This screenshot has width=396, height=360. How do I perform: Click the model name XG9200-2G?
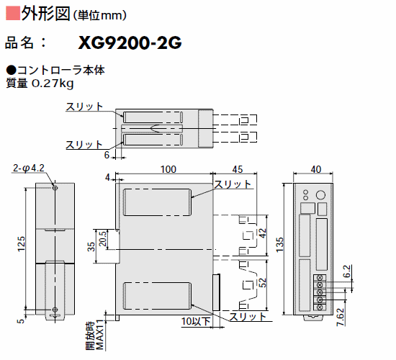pyautogui.click(x=130, y=42)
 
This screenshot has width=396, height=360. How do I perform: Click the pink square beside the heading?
pyautogui.click(x=13, y=14)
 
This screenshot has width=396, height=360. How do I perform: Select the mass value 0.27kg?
pyautogui.click(x=53, y=84)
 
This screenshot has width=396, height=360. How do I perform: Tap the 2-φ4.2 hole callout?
pyautogui.click(x=29, y=168)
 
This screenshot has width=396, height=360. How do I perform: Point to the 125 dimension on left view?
pyautogui.click(x=21, y=244)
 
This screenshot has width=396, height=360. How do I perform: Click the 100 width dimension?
pyautogui.click(x=168, y=169)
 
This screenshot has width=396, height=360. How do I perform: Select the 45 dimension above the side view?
pyautogui.click(x=238, y=169)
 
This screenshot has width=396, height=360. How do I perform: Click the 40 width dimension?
pyautogui.click(x=316, y=169)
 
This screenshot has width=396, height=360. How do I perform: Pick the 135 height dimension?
pyautogui.click(x=280, y=245)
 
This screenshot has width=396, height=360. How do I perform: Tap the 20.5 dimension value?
pyautogui.click(x=103, y=239)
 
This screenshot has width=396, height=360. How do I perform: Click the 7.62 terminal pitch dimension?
pyautogui.click(x=341, y=317)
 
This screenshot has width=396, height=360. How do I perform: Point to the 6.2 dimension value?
pyautogui.click(x=347, y=271)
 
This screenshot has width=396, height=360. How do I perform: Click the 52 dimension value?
pyautogui.click(x=263, y=283)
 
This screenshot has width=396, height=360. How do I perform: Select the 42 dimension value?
pyautogui.click(x=263, y=233)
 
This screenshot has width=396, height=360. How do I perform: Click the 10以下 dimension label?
pyautogui.click(x=196, y=321)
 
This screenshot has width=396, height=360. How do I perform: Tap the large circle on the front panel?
pyautogui.click(x=320, y=195)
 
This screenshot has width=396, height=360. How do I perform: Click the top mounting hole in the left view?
pyautogui.click(x=55, y=188)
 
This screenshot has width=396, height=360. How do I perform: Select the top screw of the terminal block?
pyautogui.click(x=320, y=278)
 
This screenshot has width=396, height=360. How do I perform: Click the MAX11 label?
pyautogui.click(x=100, y=335)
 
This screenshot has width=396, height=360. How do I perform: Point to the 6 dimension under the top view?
pyautogui.click(x=107, y=155)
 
